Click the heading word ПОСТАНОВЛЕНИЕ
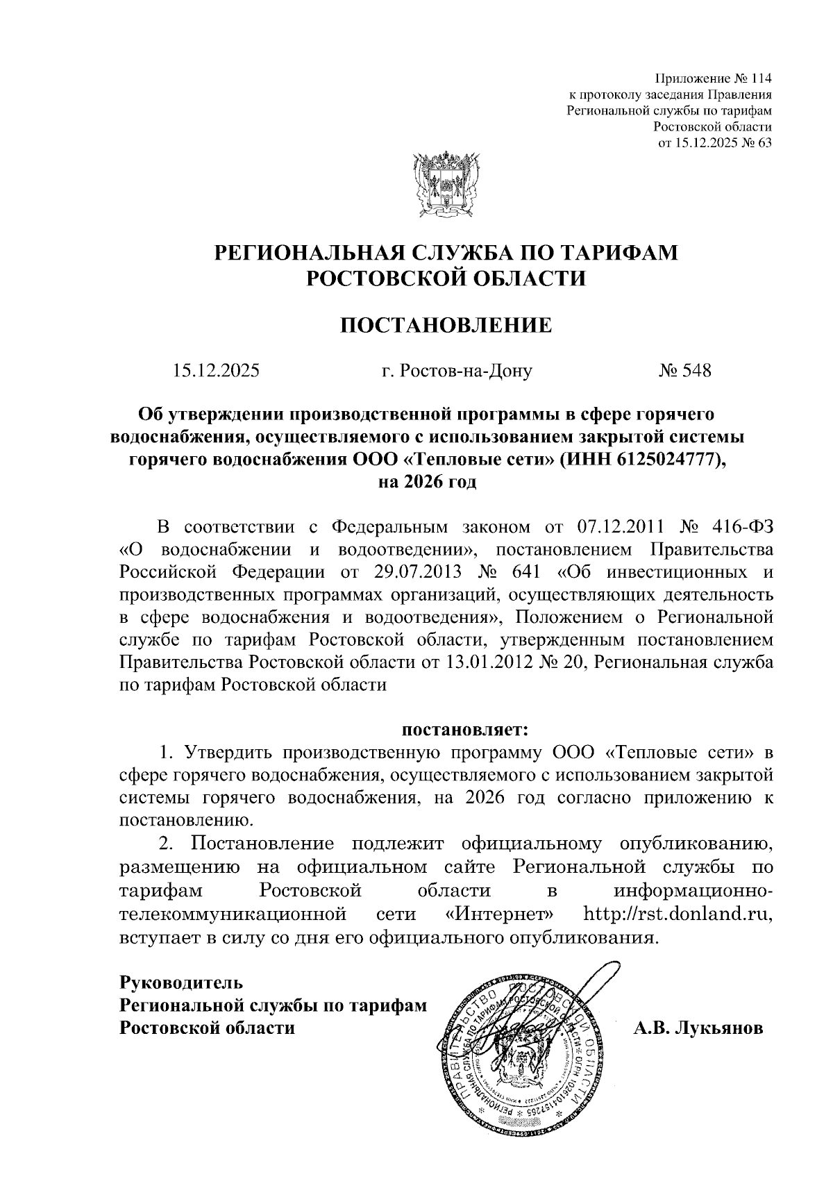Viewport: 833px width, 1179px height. (x=446, y=325)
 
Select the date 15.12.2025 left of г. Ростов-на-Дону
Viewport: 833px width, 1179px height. (x=217, y=371)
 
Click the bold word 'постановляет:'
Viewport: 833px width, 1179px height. (x=466, y=730)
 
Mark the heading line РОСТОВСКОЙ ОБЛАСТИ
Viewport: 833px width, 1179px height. (x=446, y=278)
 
